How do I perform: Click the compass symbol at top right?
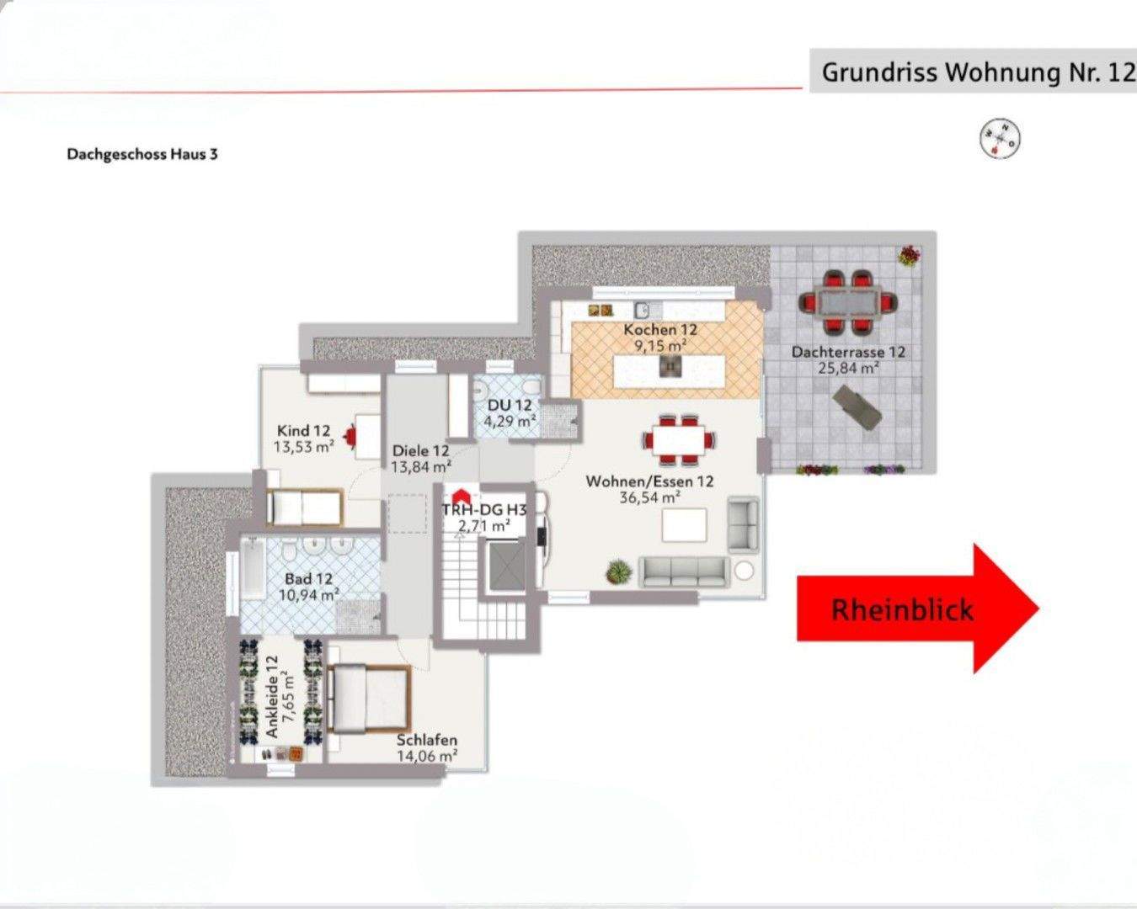(x=1001, y=137)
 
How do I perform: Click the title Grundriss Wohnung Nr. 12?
(x=977, y=72)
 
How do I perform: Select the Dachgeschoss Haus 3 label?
(x=142, y=154)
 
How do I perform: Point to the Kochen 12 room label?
(x=660, y=330)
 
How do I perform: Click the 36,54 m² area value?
(x=649, y=497)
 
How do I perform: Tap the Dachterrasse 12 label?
(x=847, y=352)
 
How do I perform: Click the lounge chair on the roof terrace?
(x=857, y=407)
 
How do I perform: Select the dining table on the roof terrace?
(x=847, y=300)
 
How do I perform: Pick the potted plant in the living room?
(x=618, y=571)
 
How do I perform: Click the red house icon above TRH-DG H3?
(x=461, y=497)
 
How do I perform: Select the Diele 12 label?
(x=420, y=450)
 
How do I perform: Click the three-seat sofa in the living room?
(x=684, y=571)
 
